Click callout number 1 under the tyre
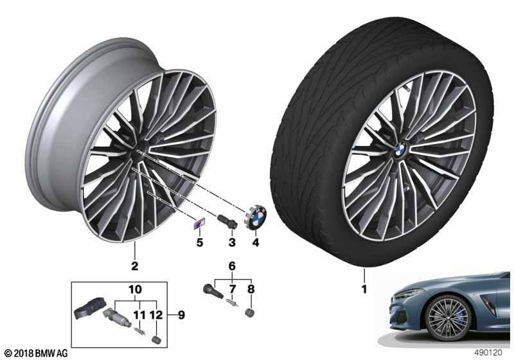pos(364,289)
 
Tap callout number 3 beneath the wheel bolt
pos(233,242)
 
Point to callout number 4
pos(255,242)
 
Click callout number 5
pos(199,242)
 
